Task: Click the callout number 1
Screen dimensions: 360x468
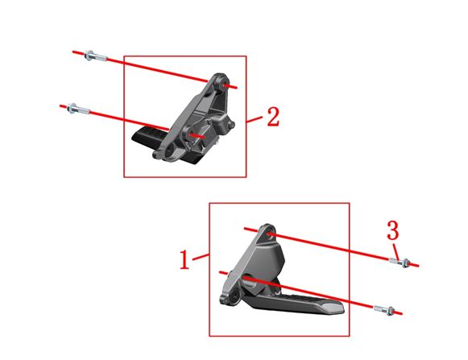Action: [x=184, y=260]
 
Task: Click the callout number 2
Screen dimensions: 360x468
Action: [x=273, y=118]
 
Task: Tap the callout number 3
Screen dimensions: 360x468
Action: [x=392, y=230]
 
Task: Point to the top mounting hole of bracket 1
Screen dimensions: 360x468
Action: [x=269, y=235]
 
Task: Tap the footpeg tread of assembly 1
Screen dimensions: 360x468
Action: [x=306, y=305]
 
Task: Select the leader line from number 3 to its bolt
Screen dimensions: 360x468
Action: [x=396, y=247]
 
